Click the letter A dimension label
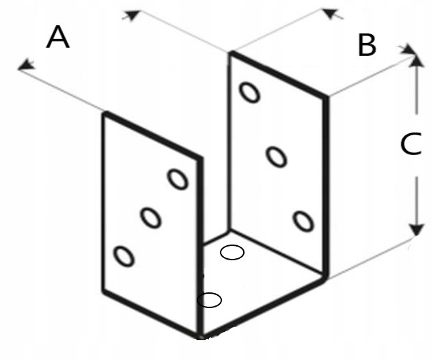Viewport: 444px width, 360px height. click(58, 37)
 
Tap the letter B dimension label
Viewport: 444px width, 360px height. click(367, 45)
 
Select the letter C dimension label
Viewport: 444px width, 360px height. click(411, 144)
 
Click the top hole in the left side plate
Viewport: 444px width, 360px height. click(178, 179)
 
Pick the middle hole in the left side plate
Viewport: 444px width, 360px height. click(151, 218)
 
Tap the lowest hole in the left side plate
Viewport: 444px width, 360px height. click(124, 256)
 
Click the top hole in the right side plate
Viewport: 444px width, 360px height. click(249, 92)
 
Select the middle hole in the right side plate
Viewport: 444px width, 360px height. click(276, 156)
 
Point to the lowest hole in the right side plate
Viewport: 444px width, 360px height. click(303, 221)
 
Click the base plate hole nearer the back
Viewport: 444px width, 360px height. click(232, 252)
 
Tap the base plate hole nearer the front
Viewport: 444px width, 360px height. click(209, 300)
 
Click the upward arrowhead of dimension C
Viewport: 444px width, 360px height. click(416, 60)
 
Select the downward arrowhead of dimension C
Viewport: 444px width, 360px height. click(416, 230)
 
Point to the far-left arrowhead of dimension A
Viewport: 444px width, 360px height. click(25, 65)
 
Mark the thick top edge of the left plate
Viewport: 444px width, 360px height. click(152, 135)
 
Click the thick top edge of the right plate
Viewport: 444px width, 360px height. click(279, 74)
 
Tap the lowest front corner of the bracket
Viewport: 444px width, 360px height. click(201, 337)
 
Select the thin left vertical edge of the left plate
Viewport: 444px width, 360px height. click(104, 202)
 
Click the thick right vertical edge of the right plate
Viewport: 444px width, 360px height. click(327, 187)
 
